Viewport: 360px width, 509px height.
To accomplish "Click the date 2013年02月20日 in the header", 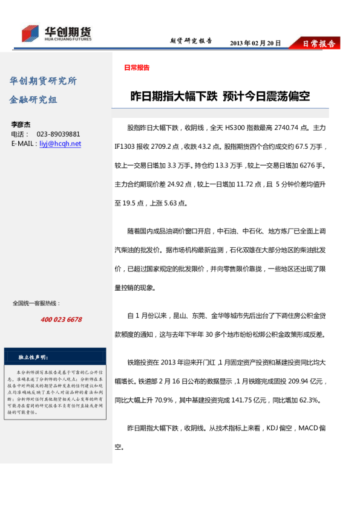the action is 255,43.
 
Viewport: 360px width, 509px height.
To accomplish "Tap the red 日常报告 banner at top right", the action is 318,44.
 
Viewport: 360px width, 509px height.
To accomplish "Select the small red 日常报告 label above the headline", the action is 137,68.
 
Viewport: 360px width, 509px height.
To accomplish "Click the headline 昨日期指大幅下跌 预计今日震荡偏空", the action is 220,96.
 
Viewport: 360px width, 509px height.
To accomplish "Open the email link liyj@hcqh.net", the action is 60,144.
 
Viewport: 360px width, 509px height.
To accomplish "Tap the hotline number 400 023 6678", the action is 61,319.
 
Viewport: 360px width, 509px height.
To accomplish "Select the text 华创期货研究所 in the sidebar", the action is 43,81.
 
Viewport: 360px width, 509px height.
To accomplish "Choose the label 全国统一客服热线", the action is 36,303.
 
